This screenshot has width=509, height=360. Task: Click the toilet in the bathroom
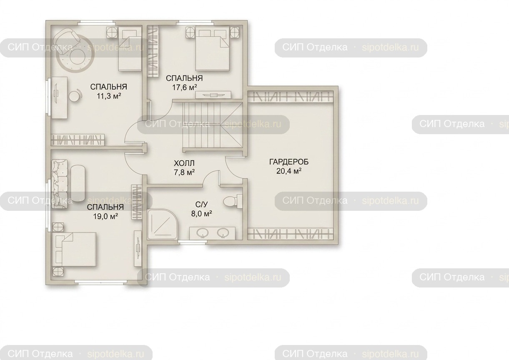(232, 201)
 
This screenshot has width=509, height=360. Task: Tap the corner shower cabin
(162, 225)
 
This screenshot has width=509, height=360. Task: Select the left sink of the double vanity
(202, 233)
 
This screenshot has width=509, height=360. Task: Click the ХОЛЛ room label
(184, 163)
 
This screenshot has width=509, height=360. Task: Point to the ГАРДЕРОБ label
(289, 162)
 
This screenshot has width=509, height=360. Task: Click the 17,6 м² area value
(184, 87)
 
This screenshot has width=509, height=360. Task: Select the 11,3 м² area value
(109, 96)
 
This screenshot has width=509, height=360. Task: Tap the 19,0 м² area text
(105, 216)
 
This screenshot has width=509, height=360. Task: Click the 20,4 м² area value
(289, 171)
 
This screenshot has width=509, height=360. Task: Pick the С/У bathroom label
(201, 205)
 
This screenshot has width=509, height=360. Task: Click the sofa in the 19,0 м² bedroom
(60, 184)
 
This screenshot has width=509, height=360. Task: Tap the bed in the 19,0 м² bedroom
(74, 249)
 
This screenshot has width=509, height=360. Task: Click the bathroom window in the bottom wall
(192, 242)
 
